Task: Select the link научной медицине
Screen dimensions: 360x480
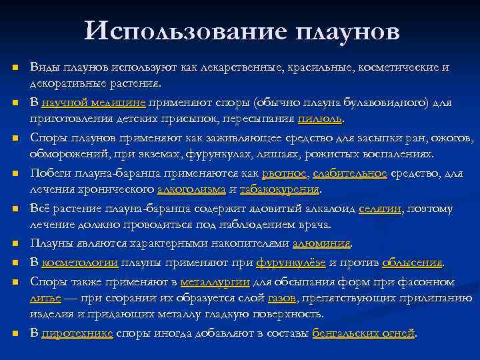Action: [93, 103]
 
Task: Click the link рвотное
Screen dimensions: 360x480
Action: [285, 173]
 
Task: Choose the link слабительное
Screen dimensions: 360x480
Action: [350, 173]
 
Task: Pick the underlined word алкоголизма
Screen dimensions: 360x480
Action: [191, 189]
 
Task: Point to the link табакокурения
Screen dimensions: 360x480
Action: [279, 189]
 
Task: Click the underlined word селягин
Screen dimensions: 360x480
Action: [381, 209]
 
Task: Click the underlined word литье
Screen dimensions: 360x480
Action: [45, 297]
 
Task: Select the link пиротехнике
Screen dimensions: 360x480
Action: [77, 333]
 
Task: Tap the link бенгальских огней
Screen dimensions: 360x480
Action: [363, 333]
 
